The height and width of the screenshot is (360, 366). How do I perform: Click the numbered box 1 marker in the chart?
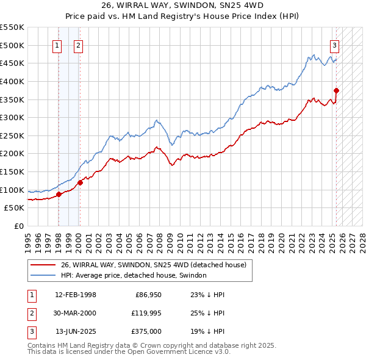(57, 45)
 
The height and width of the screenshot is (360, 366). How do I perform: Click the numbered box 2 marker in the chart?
(79, 45)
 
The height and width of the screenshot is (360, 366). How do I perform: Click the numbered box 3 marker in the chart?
(335, 45)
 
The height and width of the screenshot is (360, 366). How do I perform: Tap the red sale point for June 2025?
(336, 91)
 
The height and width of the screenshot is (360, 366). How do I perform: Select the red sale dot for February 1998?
(59, 195)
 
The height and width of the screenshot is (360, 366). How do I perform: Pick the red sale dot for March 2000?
(80, 182)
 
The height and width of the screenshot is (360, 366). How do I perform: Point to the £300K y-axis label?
(12, 117)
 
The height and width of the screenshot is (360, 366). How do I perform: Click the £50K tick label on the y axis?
(14, 208)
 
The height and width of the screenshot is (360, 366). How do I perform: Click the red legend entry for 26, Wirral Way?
(153, 265)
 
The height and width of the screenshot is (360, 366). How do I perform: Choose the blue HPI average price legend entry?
(134, 275)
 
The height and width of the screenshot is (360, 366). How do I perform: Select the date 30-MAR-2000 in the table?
(75, 314)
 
